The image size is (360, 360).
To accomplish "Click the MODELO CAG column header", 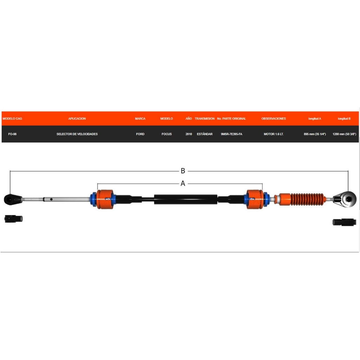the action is pos(12,119).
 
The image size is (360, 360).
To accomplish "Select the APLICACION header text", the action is pos(77,119).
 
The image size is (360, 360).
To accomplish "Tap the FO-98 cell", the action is pos(12,134).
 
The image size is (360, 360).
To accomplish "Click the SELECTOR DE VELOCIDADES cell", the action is pos(77,134).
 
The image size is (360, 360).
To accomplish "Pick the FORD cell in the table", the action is pos(140,134).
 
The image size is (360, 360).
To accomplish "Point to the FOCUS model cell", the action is pos(167,134).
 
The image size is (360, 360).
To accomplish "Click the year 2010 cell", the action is pos(189,134).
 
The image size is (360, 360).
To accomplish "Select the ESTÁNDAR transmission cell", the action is pos(205,134).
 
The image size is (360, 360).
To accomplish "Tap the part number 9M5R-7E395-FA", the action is pos(231,134).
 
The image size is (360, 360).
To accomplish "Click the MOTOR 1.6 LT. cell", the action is pos(274,134).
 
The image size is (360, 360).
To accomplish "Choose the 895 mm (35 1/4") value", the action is pos(315,134).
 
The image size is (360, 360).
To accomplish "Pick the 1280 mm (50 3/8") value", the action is pos(345,134).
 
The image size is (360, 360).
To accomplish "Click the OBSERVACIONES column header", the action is pos(274,119).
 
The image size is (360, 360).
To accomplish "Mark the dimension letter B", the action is pos(183,171).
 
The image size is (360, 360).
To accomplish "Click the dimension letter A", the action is pos(183,184).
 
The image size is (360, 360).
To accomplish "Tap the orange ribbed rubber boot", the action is pos(308,199).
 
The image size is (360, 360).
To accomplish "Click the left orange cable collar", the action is pos(105,199).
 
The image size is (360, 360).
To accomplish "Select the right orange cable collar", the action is pos(255,199).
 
